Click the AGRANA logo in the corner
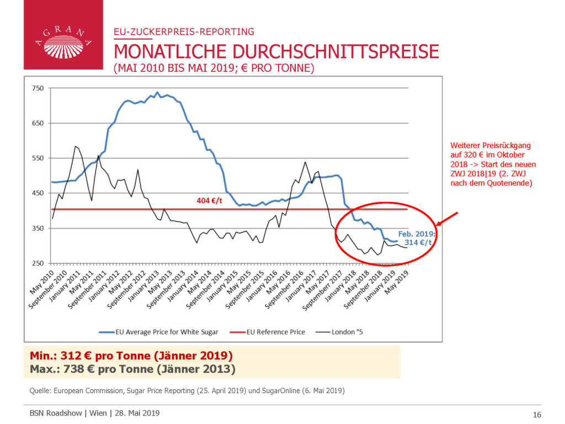pos(63,35)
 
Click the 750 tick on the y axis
pos(38,88)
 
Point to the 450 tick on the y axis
pos(38,193)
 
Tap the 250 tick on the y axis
pos(38,263)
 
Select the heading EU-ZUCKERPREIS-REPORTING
pos(184,31)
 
